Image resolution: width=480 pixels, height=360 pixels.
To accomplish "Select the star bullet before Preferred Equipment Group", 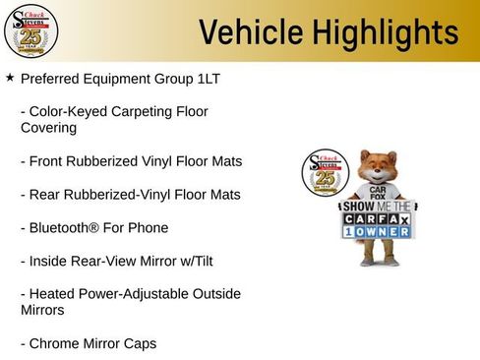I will coord(10,77).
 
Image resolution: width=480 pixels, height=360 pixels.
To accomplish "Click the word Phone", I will coord(150,227).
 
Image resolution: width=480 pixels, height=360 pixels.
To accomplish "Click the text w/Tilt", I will coord(192,261).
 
